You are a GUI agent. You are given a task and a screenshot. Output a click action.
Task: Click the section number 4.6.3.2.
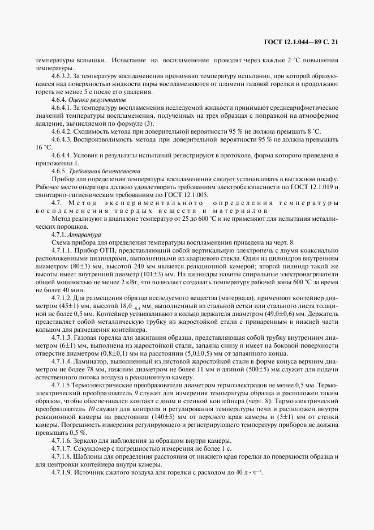[62, 75]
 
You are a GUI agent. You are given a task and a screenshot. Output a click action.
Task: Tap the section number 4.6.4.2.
[62, 131]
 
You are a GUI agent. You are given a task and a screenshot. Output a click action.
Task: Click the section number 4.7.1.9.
[60, 472]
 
